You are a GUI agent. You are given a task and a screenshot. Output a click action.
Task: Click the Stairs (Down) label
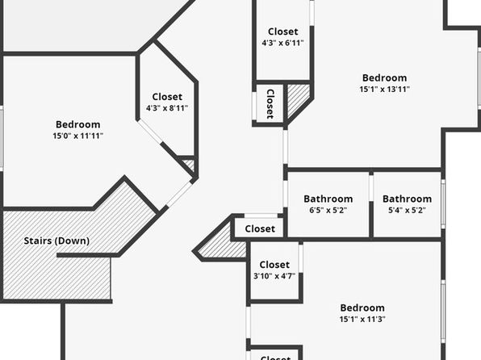pos(56,241)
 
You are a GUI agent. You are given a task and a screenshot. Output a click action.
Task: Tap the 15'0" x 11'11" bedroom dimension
pos(78,136)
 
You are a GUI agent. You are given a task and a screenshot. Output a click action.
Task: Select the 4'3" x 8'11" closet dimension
pos(167,108)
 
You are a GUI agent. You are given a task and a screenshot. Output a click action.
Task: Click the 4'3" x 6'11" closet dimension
pos(282,43)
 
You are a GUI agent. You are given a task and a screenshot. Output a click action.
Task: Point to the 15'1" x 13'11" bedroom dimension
pos(385,90)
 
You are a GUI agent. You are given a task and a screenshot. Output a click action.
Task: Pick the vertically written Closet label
pos(270,104)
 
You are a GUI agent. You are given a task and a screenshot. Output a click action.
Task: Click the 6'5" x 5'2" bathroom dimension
pos(328,211)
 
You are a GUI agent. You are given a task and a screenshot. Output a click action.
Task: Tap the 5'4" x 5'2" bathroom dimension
pos(407,211)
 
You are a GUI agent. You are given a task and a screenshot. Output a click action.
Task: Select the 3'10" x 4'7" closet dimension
pos(274,276)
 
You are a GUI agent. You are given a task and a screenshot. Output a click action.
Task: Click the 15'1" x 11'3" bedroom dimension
pos(362,319)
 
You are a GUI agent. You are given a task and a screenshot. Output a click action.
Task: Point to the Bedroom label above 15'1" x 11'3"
pos(362,308)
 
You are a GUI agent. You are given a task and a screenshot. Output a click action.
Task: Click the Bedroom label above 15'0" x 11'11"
pos(78,124)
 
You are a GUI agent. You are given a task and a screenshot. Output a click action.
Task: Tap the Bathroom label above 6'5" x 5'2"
pos(328,199)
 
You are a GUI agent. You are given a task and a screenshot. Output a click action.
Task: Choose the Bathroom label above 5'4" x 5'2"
pos(407,199)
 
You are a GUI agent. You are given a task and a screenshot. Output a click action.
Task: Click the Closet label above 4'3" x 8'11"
pos(167,97)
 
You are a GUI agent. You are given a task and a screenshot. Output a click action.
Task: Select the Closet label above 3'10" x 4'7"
pos(274,265)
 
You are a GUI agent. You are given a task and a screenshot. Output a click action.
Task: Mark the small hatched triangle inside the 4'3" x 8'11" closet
pos(190,165)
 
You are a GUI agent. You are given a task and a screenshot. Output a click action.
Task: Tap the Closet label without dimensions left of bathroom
pos(260,228)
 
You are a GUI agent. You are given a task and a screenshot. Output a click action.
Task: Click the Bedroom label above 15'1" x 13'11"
pos(385,78)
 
